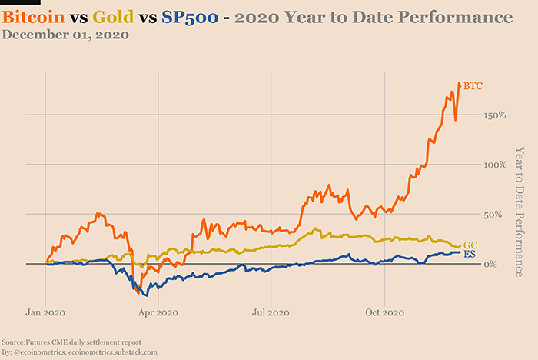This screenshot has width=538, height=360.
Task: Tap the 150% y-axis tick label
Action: click(490, 115)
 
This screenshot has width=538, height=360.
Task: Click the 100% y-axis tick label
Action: click(490, 165)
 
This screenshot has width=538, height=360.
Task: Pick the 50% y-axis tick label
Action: click(492, 214)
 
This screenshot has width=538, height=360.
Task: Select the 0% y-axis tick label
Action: click(494, 264)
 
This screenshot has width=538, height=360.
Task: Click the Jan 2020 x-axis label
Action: click(45, 313)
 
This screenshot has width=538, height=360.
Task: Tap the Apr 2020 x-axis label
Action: click(157, 313)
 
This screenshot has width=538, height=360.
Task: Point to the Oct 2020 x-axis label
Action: click(384, 313)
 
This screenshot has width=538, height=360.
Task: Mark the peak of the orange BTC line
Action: click(460, 83)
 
